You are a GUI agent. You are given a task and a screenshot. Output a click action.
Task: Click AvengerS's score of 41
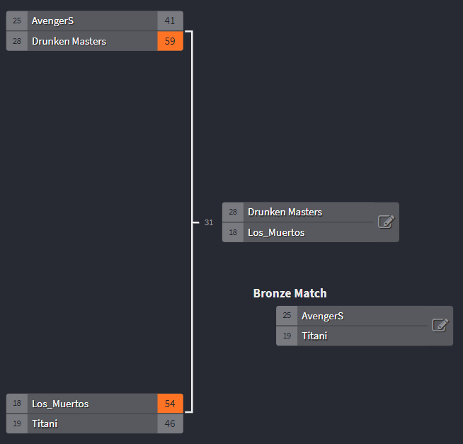[x=170, y=21]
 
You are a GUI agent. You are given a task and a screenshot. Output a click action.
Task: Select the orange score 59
[x=170, y=41]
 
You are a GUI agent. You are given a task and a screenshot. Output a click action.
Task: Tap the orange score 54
[x=170, y=404]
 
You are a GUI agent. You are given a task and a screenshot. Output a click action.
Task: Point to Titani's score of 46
[x=170, y=423]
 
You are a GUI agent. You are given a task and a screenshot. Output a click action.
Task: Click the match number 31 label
[x=209, y=222]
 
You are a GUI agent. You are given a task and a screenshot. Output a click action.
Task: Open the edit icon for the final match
[x=386, y=222]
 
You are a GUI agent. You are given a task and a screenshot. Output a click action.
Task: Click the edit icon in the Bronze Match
[x=440, y=325]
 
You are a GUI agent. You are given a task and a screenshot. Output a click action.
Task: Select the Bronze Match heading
[x=290, y=293]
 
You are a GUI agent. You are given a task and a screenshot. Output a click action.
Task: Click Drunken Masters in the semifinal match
[x=69, y=41]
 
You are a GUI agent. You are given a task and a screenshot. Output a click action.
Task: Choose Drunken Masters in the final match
[x=285, y=212]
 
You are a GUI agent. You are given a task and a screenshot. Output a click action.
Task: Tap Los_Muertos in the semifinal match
[x=60, y=404]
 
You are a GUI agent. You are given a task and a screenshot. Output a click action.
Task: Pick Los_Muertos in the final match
[x=276, y=232]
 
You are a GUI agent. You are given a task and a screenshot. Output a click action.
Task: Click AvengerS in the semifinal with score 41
[x=52, y=21]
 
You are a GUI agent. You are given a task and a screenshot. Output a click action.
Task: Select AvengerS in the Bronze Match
[x=322, y=316]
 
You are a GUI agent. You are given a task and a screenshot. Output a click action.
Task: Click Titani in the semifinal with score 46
[x=45, y=423]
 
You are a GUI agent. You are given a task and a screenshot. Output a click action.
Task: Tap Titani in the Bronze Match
[x=314, y=336]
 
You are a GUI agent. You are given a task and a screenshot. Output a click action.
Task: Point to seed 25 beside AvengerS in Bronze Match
[x=287, y=316]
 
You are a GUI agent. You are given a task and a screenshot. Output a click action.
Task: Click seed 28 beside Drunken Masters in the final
[x=233, y=212]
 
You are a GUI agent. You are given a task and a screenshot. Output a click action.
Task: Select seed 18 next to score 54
[x=17, y=404]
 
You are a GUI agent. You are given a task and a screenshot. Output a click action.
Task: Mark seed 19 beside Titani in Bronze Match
[x=287, y=336]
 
